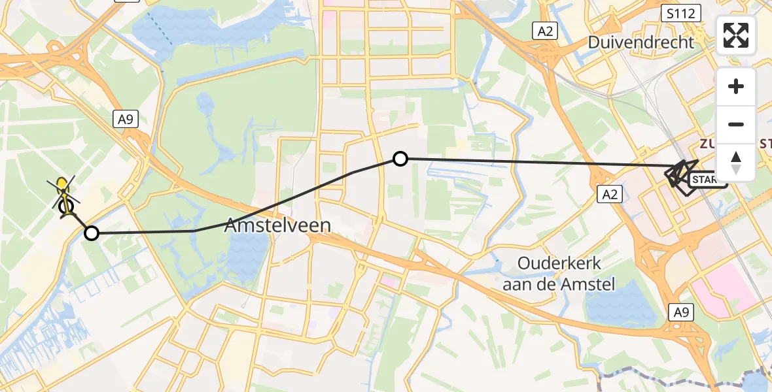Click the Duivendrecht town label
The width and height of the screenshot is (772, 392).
640,42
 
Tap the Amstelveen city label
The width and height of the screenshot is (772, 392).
277,226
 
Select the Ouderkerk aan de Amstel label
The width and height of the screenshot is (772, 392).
559,273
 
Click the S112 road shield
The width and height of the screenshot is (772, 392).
680,12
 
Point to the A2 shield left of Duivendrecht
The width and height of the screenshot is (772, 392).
544,30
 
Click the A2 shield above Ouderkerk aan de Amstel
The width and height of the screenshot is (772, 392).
609,193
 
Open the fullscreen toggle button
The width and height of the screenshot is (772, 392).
736,35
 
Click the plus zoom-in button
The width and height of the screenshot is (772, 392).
736,86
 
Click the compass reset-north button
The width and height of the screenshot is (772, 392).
736,162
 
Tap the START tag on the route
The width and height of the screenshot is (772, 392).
707,180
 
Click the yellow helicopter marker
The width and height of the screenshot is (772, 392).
63,187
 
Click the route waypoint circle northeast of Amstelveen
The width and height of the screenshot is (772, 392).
400,158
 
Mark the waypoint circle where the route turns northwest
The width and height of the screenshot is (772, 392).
92,233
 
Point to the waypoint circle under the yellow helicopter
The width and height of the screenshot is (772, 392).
66,207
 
